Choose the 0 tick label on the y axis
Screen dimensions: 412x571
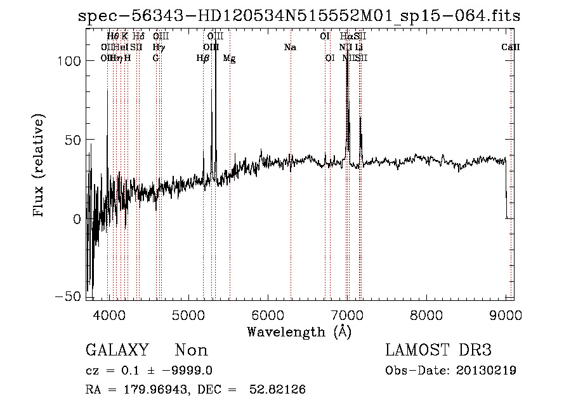75,219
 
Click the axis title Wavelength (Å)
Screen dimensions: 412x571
299,331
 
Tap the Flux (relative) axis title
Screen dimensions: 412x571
39,166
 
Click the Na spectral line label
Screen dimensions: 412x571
290,48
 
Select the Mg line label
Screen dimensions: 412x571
230,58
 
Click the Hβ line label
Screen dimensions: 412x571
203,58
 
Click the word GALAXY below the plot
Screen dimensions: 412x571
117,350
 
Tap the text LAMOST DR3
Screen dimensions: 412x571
438,350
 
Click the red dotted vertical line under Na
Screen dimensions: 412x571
291,190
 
